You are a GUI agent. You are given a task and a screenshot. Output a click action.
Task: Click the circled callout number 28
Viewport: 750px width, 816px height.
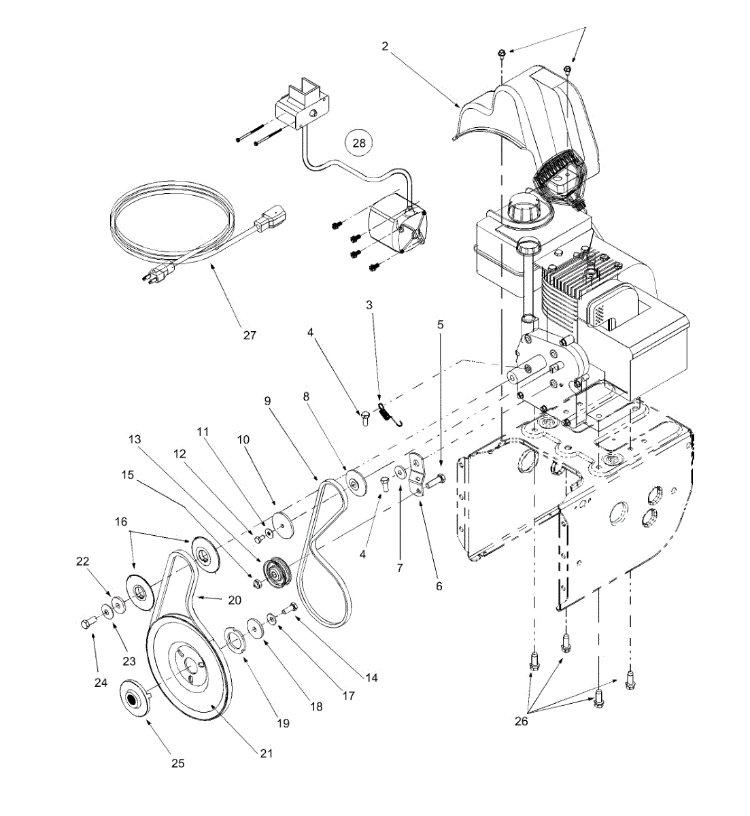(x=359, y=143)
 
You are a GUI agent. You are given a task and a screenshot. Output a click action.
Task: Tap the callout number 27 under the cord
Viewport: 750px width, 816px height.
(x=250, y=335)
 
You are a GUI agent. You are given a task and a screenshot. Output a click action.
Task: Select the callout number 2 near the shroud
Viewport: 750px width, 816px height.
(x=385, y=46)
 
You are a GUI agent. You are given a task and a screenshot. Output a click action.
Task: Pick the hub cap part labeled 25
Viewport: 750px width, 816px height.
(x=133, y=695)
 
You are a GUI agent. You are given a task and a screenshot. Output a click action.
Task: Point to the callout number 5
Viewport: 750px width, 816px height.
(x=439, y=324)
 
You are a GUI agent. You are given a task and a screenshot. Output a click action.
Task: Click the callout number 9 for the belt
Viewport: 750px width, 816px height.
(x=268, y=401)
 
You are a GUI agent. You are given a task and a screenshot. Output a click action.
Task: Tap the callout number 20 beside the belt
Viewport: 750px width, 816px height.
(x=233, y=600)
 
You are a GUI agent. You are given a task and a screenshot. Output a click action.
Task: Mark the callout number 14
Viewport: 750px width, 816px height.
(x=371, y=677)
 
